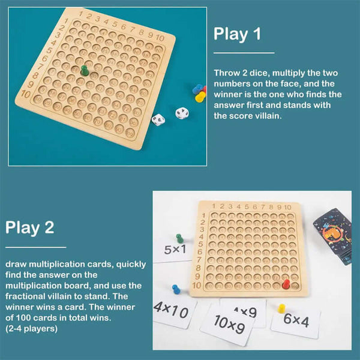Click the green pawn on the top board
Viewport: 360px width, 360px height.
(x=85, y=70)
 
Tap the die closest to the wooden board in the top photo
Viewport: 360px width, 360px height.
(x=158, y=119)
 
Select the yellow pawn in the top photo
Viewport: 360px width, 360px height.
(x=200, y=97)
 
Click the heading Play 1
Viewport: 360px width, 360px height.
(x=237, y=34)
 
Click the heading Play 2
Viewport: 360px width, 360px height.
(x=29, y=227)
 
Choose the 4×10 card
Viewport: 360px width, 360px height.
(x=172, y=310)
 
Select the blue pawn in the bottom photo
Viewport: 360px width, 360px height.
(x=176, y=290)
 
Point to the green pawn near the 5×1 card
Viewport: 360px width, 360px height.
(x=179, y=238)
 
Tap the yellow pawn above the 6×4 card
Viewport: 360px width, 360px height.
(x=281, y=308)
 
